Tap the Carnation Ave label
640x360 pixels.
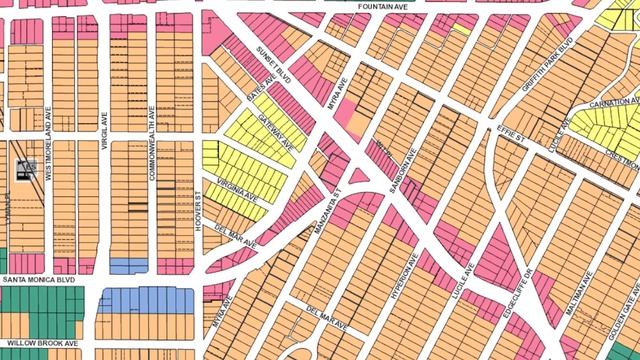pyautogui.click(x=611, y=102)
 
